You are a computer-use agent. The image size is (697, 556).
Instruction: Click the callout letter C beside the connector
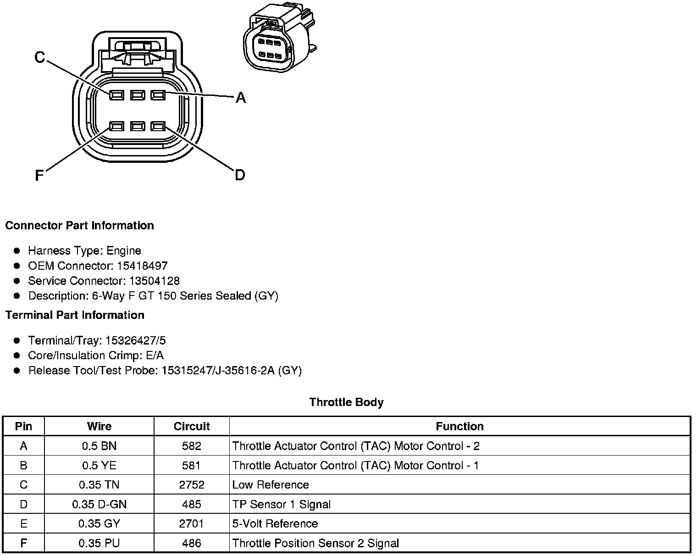[40, 57]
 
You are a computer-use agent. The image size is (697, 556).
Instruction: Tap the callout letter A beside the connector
[240, 97]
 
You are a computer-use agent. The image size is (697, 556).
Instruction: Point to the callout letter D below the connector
[240, 175]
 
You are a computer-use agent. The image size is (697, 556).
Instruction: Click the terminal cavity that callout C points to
[116, 95]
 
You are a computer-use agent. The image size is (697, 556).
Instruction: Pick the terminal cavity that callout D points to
[158, 126]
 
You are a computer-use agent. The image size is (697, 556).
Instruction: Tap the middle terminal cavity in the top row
[137, 95]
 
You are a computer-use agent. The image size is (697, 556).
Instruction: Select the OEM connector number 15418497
[142, 266]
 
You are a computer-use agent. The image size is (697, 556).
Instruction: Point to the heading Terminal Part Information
[75, 315]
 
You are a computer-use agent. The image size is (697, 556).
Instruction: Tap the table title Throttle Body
[346, 402]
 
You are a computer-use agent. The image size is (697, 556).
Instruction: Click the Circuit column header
[191, 426]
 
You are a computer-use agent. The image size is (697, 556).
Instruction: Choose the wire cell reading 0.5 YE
[99, 466]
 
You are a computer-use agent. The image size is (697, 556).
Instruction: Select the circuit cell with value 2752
[191, 485]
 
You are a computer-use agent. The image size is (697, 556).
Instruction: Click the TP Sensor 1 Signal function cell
[281, 505]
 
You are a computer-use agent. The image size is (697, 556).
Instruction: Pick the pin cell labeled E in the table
[23, 524]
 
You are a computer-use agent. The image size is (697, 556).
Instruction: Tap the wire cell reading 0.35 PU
[99, 544]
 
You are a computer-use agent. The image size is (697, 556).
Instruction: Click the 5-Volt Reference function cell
[275, 524]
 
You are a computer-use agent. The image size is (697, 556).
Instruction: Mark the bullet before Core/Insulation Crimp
[17, 356]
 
